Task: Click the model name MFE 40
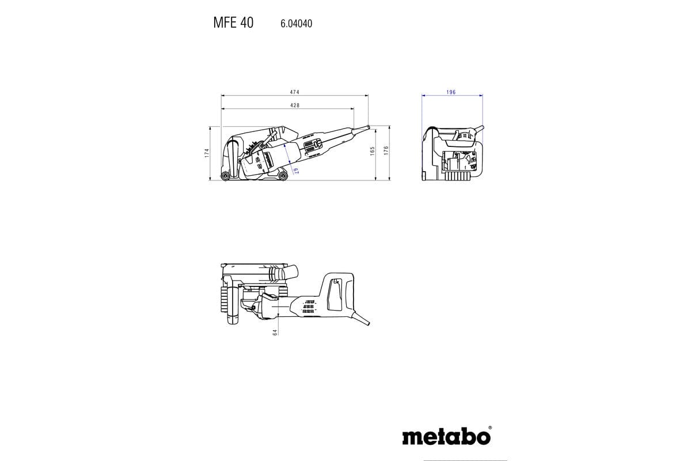(x=233, y=24)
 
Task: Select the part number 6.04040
(x=296, y=24)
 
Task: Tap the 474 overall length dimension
(x=294, y=92)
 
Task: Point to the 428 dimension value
(x=294, y=105)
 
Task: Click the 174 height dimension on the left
(x=206, y=153)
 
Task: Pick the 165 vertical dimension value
(x=373, y=151)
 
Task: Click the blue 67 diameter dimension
(x=294, y=169)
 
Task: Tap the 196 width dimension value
(x=451, y=92)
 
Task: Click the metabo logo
(x=446, y=437)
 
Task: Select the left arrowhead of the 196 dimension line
(x=423, y=96)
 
